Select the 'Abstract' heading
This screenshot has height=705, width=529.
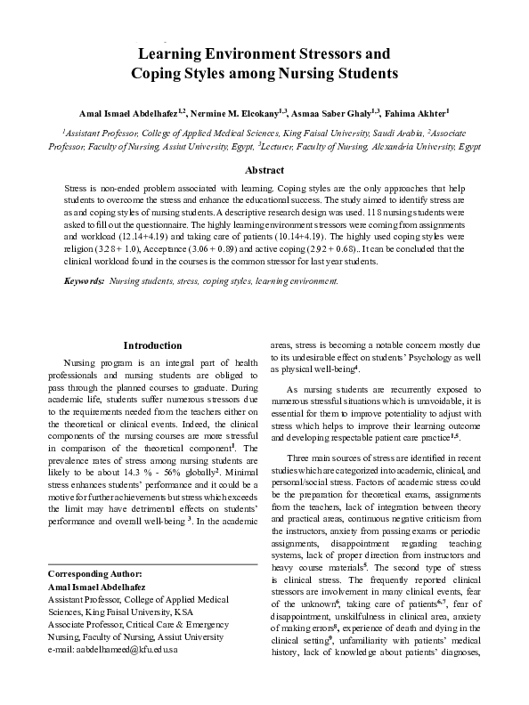tap(264, 170)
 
